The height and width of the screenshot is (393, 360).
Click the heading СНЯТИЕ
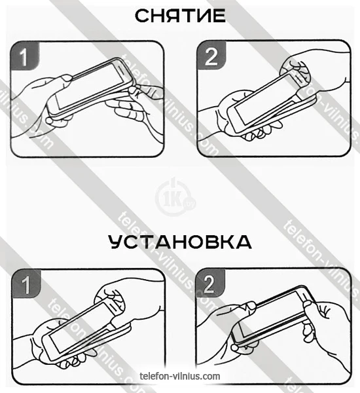[x=180, y=16]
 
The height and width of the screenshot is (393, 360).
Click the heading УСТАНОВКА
[x=180, y=242]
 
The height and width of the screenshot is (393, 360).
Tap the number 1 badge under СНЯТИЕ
[x=25, y=56]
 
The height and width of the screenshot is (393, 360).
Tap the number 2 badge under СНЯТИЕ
[x=211, y=56]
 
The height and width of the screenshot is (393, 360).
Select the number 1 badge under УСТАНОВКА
[x=26, y=284]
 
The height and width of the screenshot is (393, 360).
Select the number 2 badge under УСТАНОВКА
[x=211, y=283]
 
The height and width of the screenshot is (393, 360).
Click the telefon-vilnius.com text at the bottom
[x=180, y=376]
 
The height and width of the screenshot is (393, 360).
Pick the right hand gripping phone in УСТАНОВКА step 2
[x=326, y=326]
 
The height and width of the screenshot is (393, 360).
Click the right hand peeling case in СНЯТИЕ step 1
[x=135, y=108]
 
